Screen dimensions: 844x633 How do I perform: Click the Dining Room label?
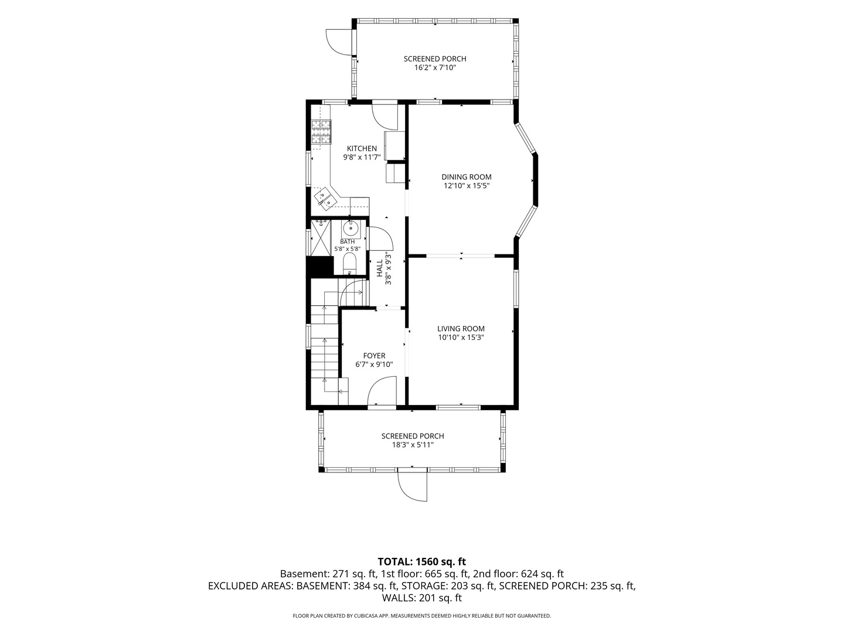point(466,177)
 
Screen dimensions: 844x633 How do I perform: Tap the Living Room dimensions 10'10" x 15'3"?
point(461,338)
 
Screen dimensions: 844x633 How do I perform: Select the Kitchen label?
point(362,148)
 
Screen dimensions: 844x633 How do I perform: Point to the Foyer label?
point(374,356)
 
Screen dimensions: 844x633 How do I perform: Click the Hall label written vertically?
point(380,268)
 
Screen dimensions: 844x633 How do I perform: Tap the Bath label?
point(347,241)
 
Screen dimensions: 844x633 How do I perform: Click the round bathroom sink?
point(350,229)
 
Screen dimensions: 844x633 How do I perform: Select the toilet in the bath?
point(349,264)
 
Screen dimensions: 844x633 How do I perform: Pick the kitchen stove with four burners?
point(321,132)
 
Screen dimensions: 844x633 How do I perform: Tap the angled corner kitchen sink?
point(326,199)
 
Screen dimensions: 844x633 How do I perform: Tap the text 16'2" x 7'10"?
point(435,67)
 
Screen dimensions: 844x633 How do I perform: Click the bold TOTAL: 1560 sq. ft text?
point(422,562)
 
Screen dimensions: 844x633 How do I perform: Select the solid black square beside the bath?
point(319,266)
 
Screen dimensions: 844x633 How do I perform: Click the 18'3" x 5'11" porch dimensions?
point(413,445)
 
